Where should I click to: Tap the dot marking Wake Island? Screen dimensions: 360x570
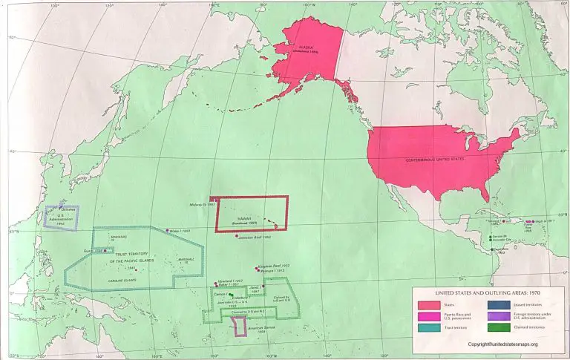pyautogui.click(x=168, y=231)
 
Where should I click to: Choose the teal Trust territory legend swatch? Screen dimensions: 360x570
pyautogui.click(x=428, y=327)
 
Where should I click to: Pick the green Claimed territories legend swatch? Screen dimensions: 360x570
pyautogui.click(x=497, y=327)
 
